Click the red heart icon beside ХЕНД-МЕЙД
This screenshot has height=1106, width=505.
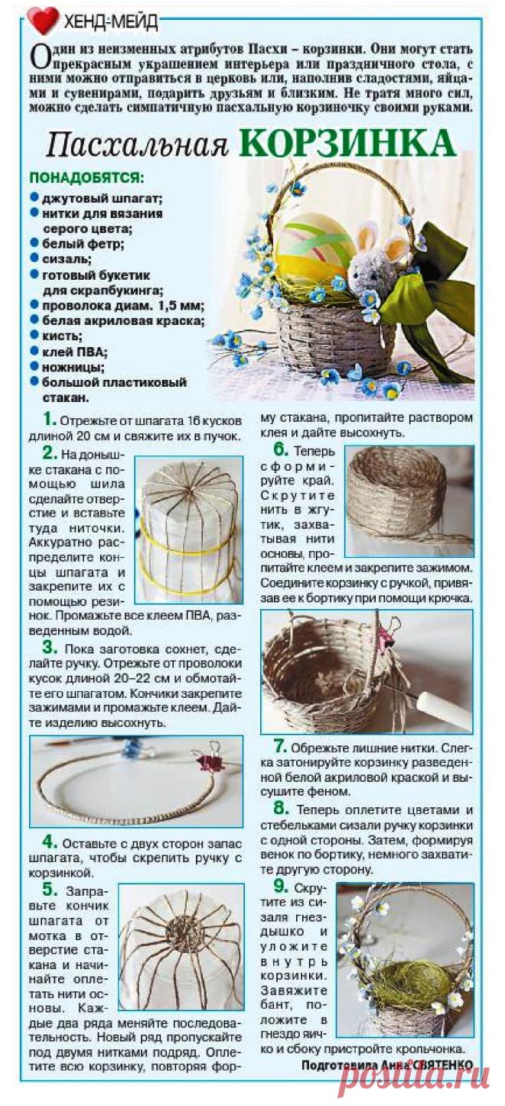point(43,21)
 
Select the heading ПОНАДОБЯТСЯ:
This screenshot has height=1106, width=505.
point(86,179)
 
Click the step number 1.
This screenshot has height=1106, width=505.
point(50,420)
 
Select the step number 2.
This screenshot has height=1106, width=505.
point(50,452)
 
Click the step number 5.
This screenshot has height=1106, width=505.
point(50,890)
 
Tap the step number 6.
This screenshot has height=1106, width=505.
point(281,450)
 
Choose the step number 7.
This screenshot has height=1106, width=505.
point(281,746)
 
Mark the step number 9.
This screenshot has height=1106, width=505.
point(281,887)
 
